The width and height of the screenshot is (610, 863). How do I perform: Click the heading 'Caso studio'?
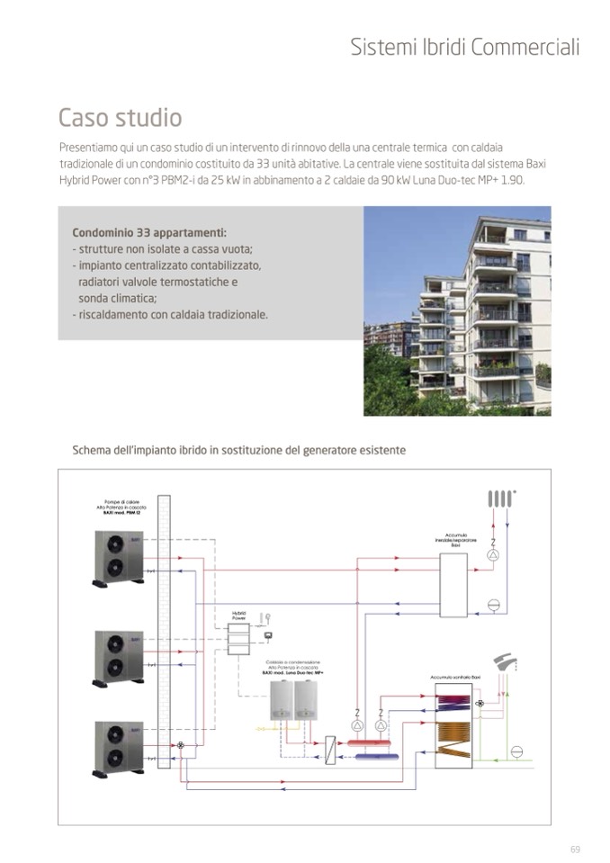click(x=120, y=118)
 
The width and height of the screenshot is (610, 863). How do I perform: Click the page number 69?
click(x=575, y=849)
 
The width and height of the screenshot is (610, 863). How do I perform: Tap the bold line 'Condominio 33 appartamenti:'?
click(x=149, y=231)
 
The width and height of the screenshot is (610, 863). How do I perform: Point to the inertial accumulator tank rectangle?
click(x=453, y=585)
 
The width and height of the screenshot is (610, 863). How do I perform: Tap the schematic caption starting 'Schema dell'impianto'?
click(x=238, y=449)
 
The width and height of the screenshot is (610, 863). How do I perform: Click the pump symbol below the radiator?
click(x=492, y=555)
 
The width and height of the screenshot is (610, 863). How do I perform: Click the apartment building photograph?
click(x=456, y=310)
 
